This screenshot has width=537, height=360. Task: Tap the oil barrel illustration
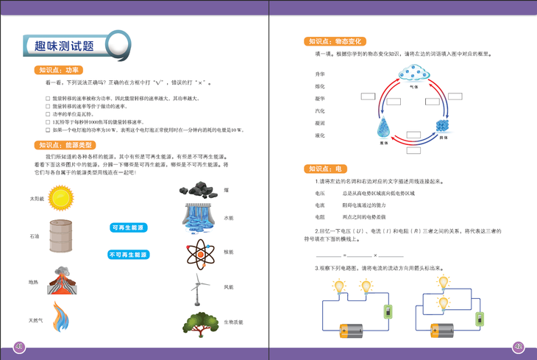62,237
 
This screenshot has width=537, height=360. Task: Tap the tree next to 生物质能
199,322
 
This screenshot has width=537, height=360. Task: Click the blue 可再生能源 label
129,228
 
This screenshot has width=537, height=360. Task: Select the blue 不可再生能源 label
129,255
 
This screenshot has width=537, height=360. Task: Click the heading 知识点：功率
59,71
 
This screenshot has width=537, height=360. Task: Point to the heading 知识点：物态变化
334,42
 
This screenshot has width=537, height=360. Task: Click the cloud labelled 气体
413,75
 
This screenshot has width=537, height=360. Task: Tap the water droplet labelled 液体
383,130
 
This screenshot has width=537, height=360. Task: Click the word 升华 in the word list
320,74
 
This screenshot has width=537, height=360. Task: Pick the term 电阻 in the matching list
320,217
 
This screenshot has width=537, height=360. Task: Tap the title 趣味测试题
65,46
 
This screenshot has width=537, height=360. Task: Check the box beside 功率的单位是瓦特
48,115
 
